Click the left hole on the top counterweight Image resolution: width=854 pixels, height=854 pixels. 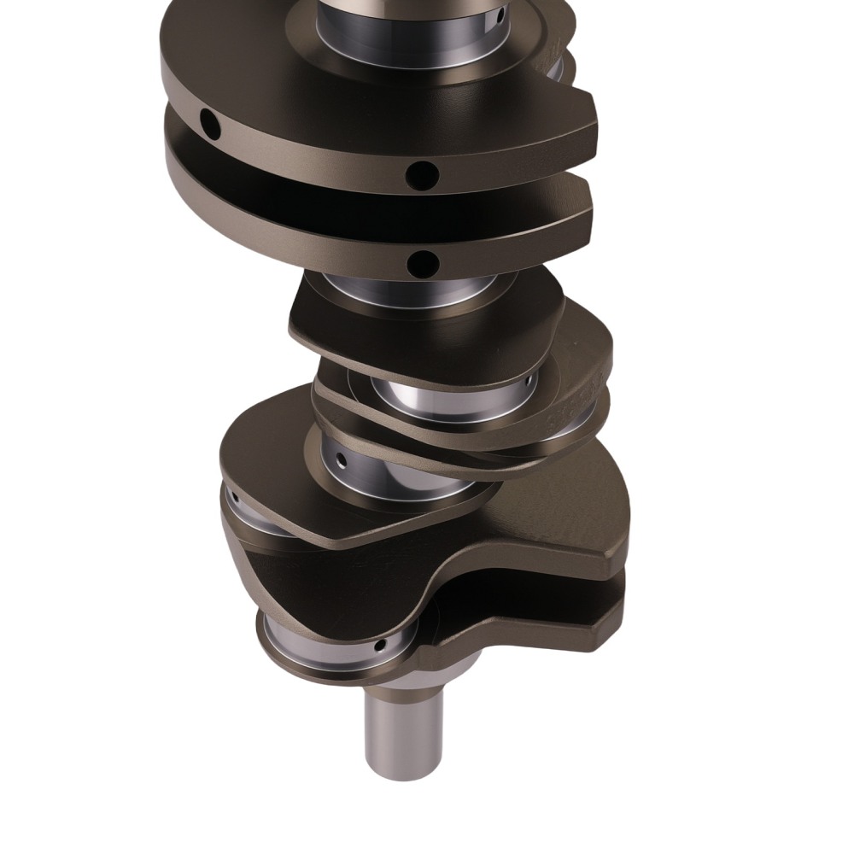pos(208,125)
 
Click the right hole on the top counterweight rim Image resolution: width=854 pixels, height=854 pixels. pos(422,174)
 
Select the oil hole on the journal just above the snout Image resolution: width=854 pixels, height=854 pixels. pos(381,643)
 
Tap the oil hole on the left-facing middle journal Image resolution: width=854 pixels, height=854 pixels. pos(341,461)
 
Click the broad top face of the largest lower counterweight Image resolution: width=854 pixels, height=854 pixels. pos(529,521)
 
